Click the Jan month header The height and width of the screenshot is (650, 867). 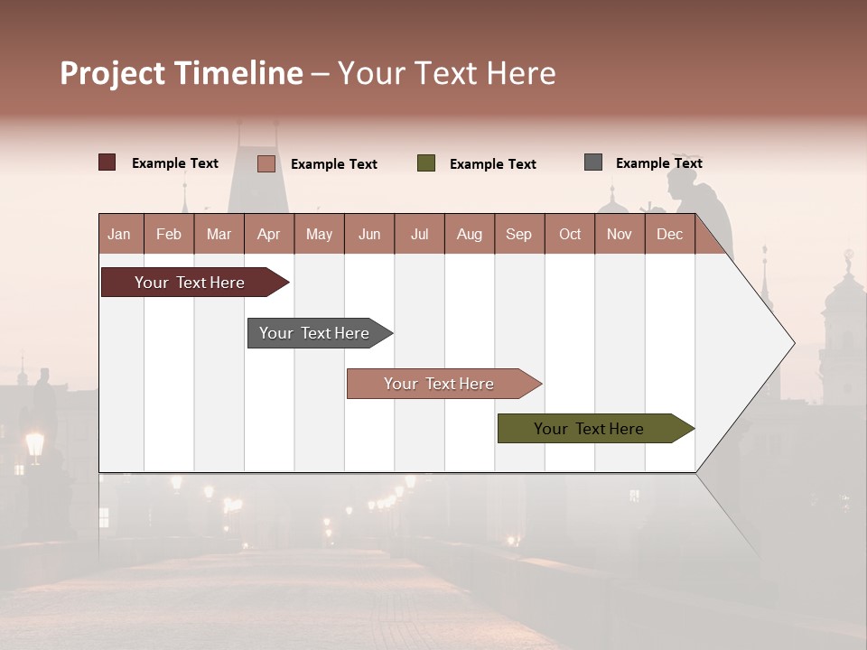(x=120, y=234)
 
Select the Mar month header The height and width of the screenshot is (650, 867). (x=219, y=234)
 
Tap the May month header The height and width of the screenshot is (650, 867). (x=319, y=234)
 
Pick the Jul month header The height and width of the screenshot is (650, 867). (x=419, y=234)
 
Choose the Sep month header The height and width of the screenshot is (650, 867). (x=518, y=234)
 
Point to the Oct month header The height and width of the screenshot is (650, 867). (x=570, y=234)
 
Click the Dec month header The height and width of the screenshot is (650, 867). (x=669, y=234)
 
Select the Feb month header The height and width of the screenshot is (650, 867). (x=169, y=234)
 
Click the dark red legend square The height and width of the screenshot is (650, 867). (x=107, y=162)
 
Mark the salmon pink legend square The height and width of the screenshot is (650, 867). (x=266, y=163)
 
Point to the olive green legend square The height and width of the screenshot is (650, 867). (x=426, y=163)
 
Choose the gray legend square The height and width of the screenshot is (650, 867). (x=593, y=162)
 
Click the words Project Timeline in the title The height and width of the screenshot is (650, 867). (x=182, y=73)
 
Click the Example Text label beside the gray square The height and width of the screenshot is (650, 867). (x=658, y=163)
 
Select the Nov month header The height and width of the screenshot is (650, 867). (x=620, y=234)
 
